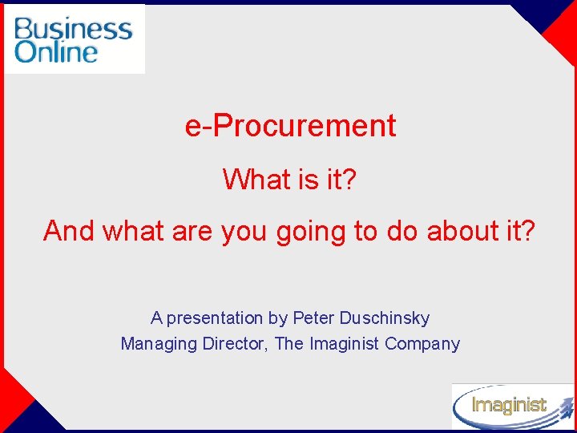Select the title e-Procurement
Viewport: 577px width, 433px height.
[290, 126]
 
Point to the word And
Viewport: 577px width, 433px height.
[69, 231]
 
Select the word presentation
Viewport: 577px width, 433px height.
[215, 318]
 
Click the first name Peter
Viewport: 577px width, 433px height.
[313, 318]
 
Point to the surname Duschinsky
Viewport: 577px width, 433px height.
[384, 318]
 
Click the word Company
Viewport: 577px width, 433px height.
[422, 344]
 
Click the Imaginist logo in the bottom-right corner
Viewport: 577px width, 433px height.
[510, 406]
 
